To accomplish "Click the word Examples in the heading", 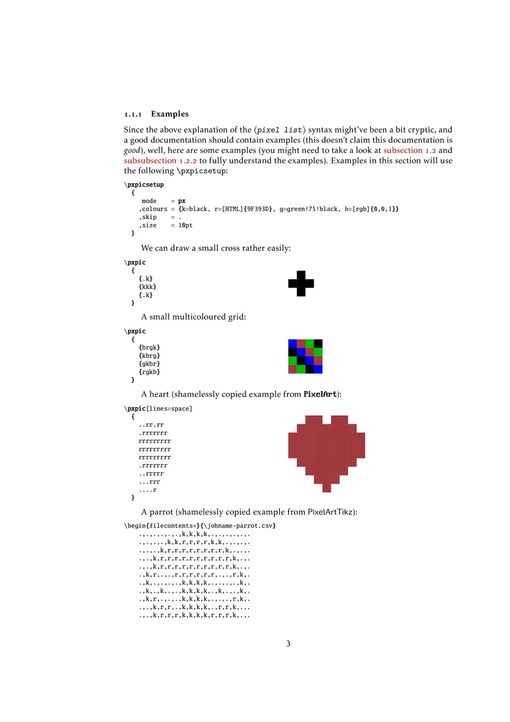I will pyautogui.click(x=170, y=114).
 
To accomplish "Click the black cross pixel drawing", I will pyautogui.click(x=301, y=284).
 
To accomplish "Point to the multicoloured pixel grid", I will pyautogui.click(x=305, y=356).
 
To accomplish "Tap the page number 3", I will pyautogui.click(x=288, y=644).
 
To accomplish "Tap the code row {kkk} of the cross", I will pyautogui.click(x=147, y=287).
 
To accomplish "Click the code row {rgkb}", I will pyautogui.click(x=149, y=372).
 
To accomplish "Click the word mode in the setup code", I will pyautogui.click(x=149, y=201).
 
